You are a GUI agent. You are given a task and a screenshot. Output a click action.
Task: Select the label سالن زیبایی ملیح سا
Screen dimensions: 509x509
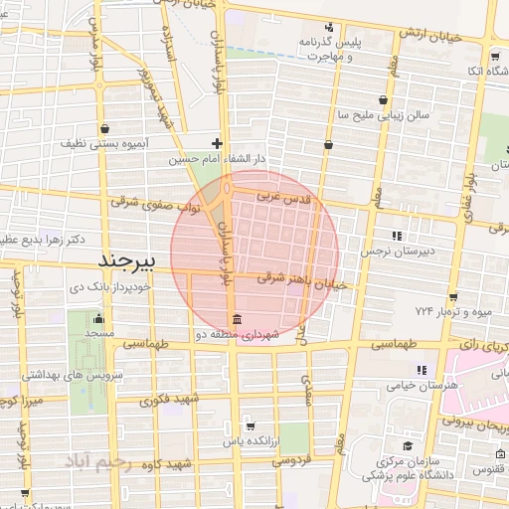pos(384,115)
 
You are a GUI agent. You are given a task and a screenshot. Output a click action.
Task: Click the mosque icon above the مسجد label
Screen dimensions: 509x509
pos(97,320)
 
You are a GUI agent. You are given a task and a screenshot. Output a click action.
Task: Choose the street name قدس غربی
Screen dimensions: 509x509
pos(284,199)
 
